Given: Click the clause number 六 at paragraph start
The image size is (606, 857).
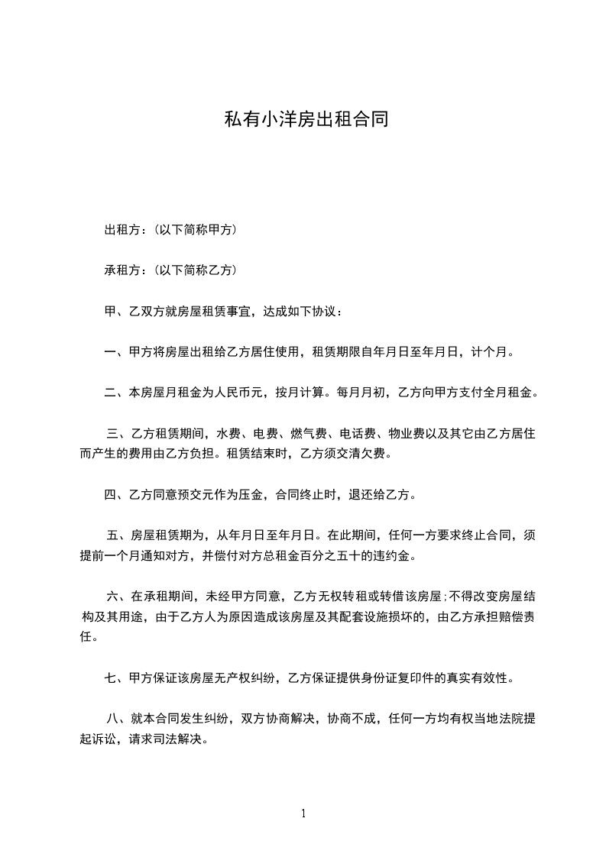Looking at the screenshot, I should (x=112, y=597).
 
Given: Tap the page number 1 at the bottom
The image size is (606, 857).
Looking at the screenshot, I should (x=303, y=814).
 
